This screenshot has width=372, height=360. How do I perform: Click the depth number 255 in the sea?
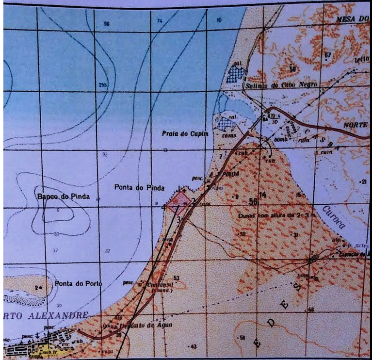(102, 85)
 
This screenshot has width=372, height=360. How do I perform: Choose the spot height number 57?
(328, 55)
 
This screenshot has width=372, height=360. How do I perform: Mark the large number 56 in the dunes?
(253, 201)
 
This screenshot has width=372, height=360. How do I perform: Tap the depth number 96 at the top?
(107, 23)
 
